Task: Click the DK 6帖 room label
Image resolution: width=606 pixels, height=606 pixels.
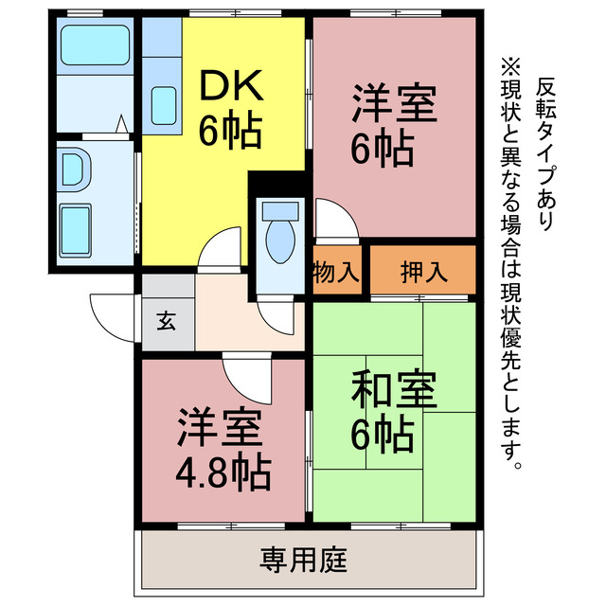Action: [x=230, y=111]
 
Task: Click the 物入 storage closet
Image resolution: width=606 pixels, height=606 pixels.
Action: [x=336, y=273]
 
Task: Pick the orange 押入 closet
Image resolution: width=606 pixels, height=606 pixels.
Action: [x=422, y=273]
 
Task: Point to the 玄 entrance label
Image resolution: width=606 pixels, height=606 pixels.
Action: [x=167, y=321]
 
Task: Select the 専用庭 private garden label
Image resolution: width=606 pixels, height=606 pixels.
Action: [x=303, y=559]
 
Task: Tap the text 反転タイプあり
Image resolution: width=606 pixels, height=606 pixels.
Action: [x=544, y=151]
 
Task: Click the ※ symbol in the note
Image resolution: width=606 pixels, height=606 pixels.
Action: [x=511, y=68]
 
